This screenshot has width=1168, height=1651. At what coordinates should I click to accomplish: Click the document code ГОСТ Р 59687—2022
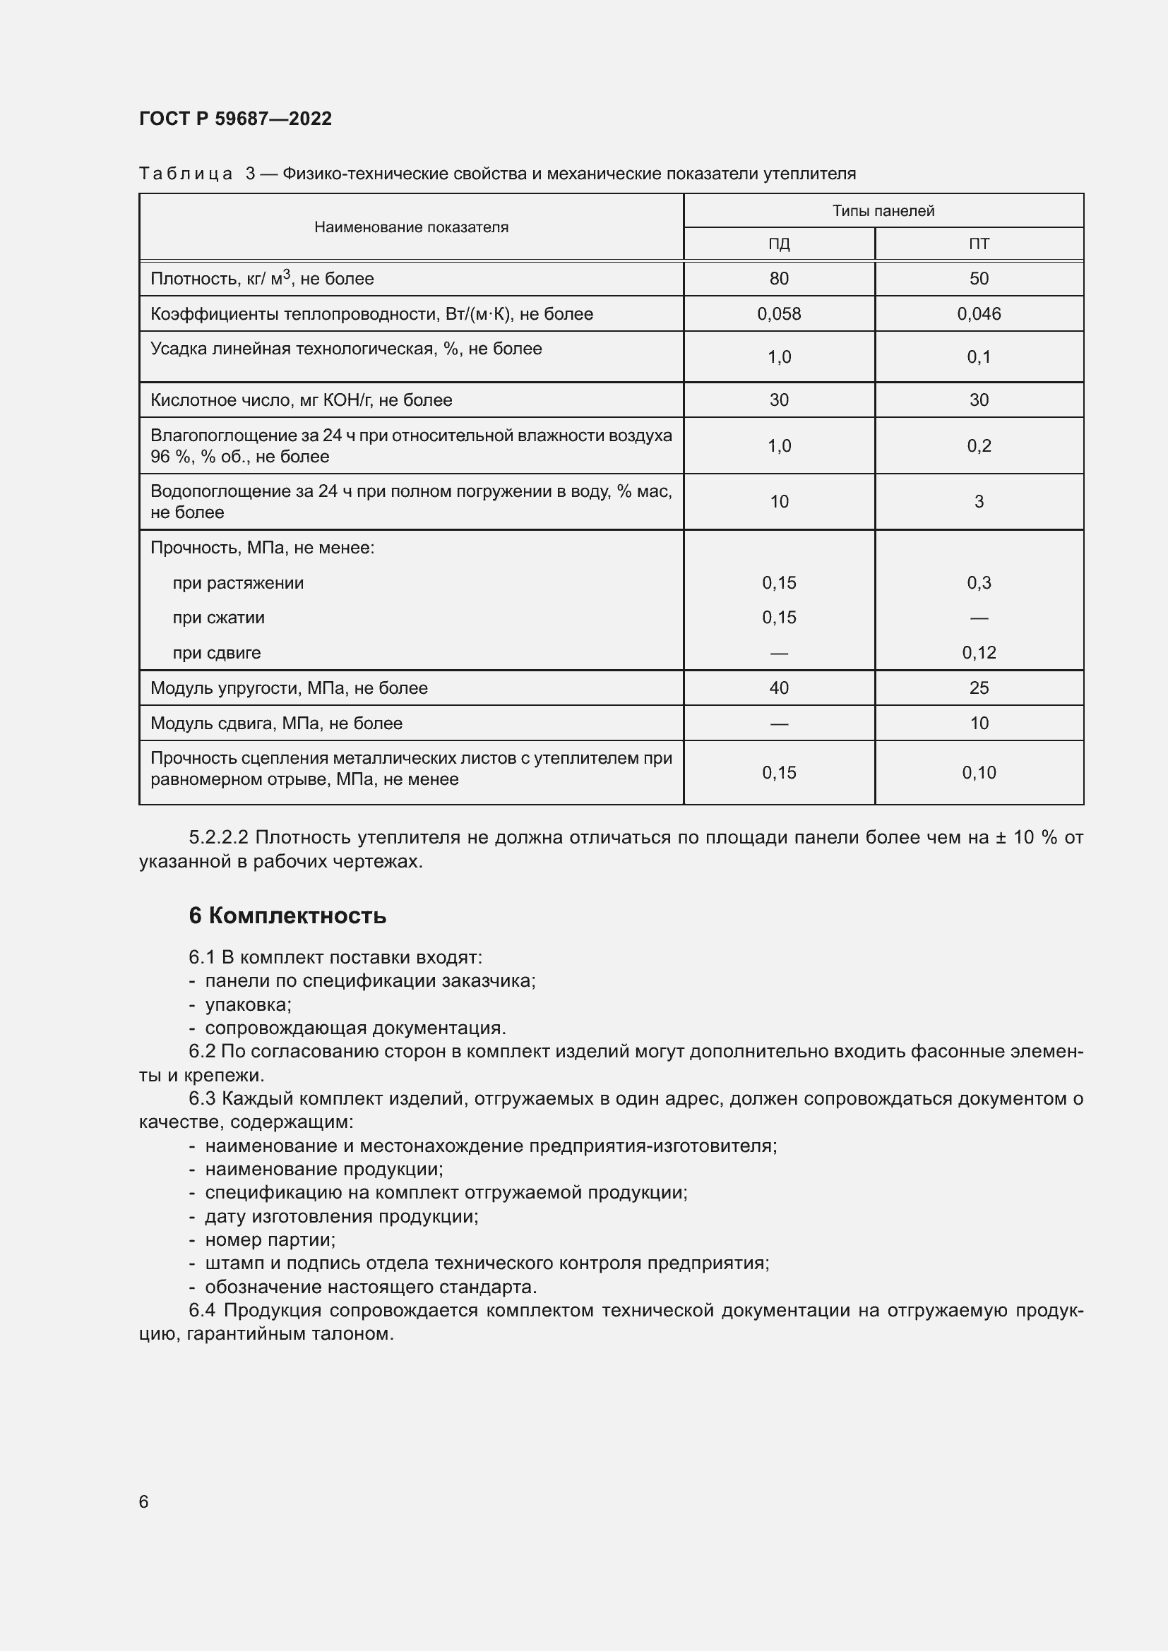click(235, 119)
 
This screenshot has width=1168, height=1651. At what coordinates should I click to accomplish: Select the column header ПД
click(779, 244)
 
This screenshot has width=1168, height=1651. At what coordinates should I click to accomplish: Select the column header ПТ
click(978, 244)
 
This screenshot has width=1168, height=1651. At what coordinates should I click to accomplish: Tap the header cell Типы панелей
click(883, 210)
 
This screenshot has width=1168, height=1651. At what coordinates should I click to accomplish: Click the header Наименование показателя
click(411, 227)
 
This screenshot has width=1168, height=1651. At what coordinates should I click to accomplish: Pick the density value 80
click(779, 278)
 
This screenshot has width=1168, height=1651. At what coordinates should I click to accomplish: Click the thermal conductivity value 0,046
click(978, 313)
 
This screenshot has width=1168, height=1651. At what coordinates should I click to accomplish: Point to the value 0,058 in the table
click(779, 313)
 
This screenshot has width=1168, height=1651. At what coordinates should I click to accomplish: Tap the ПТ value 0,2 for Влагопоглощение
click(978, 446)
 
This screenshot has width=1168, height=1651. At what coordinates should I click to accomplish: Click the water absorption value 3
click(978, 501)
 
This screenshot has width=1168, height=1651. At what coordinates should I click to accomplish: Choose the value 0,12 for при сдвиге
click(978, 652)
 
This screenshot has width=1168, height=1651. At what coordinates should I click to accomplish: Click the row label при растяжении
click(238, 582)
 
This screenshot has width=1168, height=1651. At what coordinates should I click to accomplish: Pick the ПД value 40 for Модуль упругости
click(779, 688)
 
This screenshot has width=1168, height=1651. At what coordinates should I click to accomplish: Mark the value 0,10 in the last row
click(978, 772)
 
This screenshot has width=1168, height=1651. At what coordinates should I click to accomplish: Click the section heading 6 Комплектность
click(287, 915)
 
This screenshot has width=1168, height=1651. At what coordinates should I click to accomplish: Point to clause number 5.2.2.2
click(219, 837)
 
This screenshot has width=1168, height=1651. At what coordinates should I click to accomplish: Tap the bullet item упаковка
click(247, 1004)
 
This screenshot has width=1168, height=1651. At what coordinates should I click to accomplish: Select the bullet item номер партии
click(270, 1239)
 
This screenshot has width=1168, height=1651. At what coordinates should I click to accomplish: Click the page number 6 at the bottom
click(144, 1501)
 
